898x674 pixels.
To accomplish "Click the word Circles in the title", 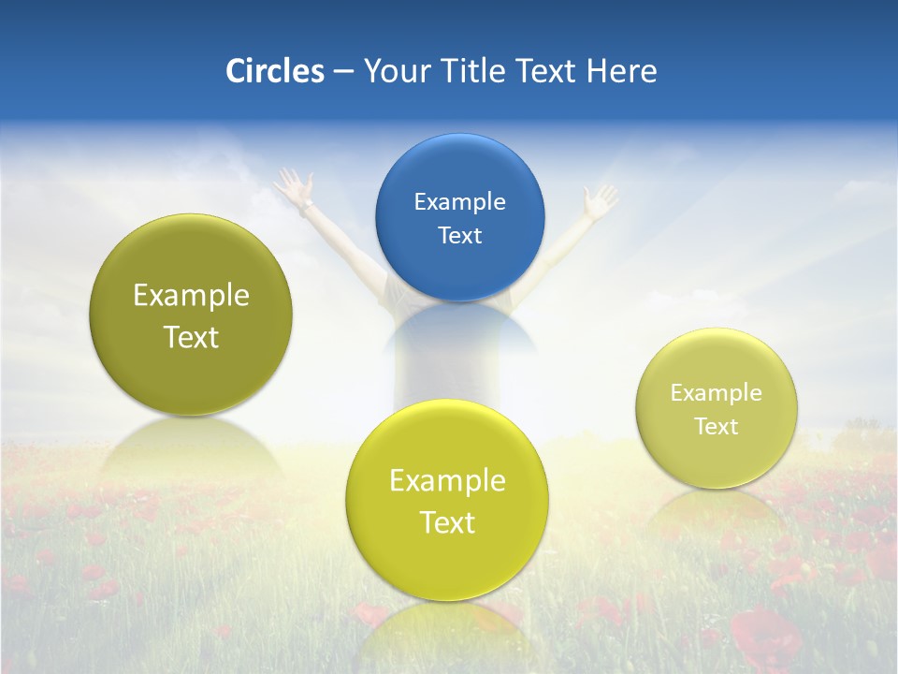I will (x=275, y=70).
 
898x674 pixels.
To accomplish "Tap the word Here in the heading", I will (x=621, y=70).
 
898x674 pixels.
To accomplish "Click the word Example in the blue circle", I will (x=459, y=201).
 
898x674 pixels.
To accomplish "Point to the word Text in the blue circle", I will (x=459, y=235).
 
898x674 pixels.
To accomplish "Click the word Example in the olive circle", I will (x=191, y=295).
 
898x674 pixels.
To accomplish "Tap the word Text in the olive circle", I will (x=191, y=337).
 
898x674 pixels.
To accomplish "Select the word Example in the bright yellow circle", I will (x=447, y=480).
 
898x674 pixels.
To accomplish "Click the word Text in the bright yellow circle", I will (x=447, y=522).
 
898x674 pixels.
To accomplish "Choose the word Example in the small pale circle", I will (x=717, y=392).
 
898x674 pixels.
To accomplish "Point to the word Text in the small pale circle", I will (x=717, y=426).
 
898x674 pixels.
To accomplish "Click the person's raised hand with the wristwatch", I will (x=296, y=184).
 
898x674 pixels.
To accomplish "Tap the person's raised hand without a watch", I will (x=599, y=199).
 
